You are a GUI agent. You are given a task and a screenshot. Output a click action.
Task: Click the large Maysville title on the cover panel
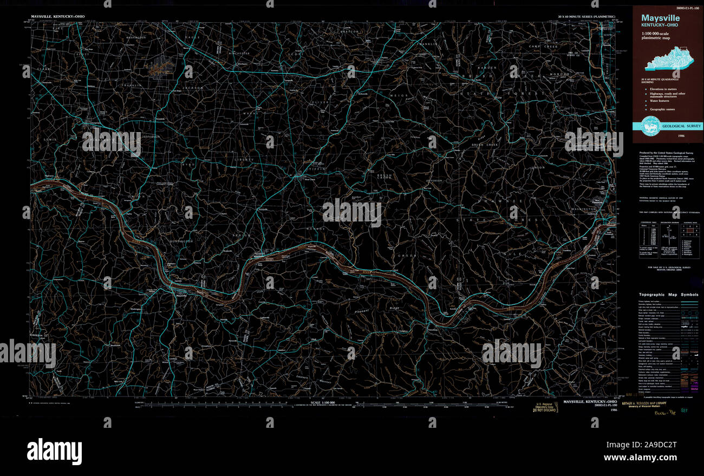tap(661, 18)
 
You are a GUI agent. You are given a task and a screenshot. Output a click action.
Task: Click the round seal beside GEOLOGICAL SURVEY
tap(649, 125)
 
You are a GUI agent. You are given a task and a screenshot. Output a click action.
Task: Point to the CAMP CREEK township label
tap(543, 47)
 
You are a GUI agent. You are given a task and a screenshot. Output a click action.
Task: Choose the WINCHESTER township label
tap(239, 54)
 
